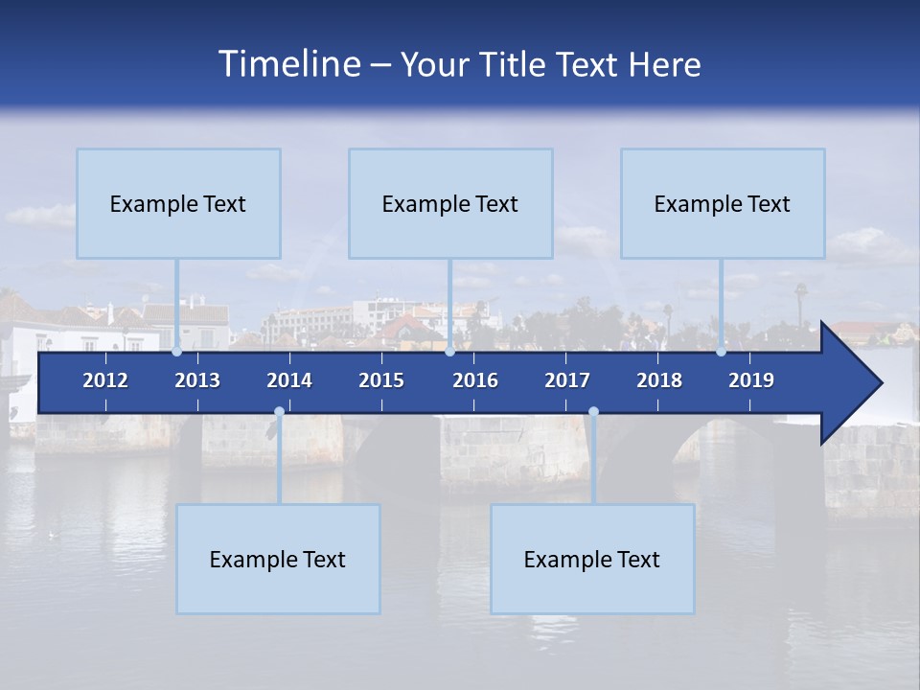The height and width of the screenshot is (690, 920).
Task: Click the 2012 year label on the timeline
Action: click(x=105, y=380)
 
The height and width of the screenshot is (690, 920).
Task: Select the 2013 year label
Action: click(x=197, y=380)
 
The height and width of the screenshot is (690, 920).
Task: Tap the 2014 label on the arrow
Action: click(x=289, y=380)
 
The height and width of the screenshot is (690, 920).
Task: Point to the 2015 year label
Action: click(x=381, y=380)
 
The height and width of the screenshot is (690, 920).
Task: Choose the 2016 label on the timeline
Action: click(x=475, y=380)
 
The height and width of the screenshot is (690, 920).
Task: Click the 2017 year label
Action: click(x=567, y=380)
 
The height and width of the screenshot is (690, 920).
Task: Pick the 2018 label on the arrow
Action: click(x=659, y=380)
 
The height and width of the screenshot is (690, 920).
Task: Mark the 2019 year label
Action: click(x=751, y=380)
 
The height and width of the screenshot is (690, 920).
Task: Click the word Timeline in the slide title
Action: click(x=288, y=64)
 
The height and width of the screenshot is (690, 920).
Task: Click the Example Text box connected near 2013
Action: click(x=178, y=203)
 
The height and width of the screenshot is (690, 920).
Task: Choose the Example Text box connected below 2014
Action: click(x=278, y=559)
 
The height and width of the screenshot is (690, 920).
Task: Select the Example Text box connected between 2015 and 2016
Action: click(x=450, y=203)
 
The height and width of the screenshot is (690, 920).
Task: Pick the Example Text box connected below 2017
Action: click(x=592, y=559)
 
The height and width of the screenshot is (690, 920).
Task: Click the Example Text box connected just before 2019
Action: click(x=723, y=203)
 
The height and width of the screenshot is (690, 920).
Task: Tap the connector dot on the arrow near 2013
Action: click(x=177, y=352)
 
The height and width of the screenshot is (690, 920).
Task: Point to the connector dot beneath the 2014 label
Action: click(x=279, y=412)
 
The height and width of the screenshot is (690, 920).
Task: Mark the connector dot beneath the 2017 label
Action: click(x=593, y=412)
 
